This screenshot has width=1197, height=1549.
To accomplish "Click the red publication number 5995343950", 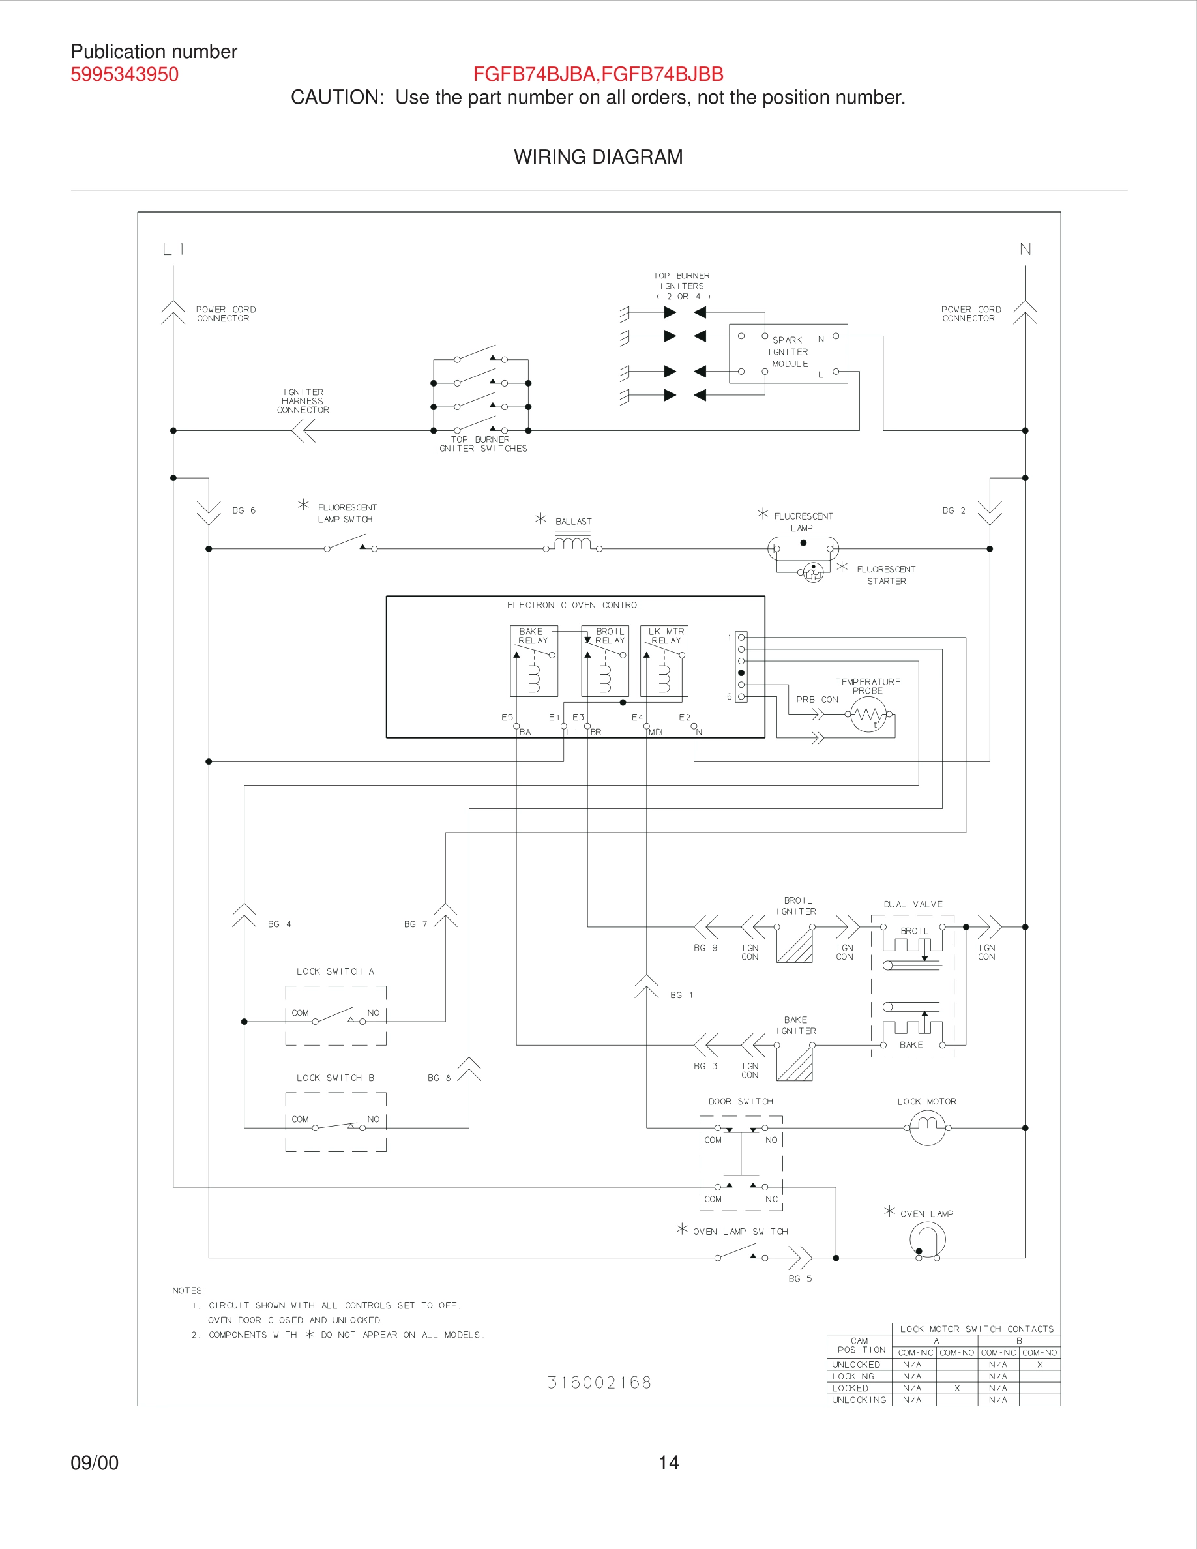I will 124,74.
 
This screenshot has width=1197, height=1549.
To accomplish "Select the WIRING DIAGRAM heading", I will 598,156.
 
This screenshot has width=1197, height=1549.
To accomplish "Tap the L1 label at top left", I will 173,249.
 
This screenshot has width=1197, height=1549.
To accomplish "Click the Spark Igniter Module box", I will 788,353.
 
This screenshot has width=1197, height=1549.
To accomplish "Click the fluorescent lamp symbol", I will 803,548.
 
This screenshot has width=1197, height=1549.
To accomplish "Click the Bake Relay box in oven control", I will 533,660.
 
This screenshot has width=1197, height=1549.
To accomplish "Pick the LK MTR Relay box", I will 664,660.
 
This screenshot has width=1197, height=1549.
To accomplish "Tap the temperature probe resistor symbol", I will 868,715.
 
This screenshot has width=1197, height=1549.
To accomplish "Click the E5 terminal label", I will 507,717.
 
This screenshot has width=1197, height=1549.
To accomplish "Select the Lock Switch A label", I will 334,971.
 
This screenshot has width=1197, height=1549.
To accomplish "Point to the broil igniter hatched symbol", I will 794,945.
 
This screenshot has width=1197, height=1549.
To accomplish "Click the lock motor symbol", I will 927,1127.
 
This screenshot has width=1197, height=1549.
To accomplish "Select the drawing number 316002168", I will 599,1382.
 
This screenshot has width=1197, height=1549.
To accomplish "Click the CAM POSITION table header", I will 859,1346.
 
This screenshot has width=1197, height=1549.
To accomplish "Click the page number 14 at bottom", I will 668,1462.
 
